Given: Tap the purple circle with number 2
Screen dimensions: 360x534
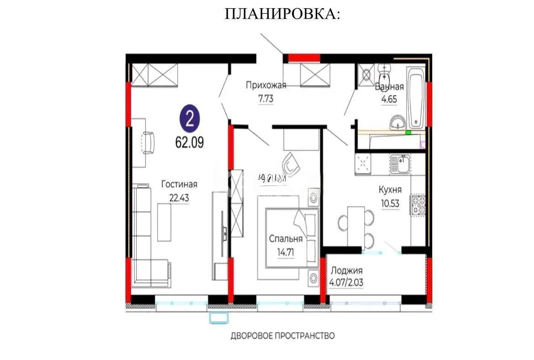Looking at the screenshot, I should pos(189,119).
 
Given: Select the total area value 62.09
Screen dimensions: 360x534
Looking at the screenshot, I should pos(189,141).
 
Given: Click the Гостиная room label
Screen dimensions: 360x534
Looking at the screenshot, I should pos(179,184).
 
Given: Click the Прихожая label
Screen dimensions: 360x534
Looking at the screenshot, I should pos(266,84).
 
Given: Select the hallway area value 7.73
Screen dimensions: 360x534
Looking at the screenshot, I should pos(266,98).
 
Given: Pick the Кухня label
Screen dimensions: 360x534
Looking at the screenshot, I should pos(390,189).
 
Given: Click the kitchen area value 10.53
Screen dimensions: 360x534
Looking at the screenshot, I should pos(389,203).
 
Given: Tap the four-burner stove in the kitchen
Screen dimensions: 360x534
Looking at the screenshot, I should pos(419,205).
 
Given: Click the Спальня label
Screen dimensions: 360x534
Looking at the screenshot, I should pos(286,239).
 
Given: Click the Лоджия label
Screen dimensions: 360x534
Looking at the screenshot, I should pos(347,270).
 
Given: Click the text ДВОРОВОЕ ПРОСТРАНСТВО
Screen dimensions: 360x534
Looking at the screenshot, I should pos(283,336).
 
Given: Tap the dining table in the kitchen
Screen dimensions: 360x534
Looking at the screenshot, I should pos(356,226).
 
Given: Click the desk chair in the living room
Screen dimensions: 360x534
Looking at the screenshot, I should pos(148,143).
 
